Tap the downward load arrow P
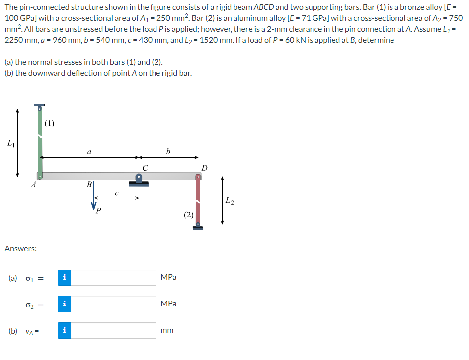click(94, 199)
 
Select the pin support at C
click(139, 179)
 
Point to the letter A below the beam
click(33, 185)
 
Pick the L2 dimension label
click(229, 201)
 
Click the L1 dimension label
click(10, 144)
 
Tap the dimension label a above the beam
click(88, 153)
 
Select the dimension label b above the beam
click(168, 152)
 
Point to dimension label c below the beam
click(116, 193)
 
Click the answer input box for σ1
click(113, 277)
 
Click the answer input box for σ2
click(113, 304)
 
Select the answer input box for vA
click(113, 330)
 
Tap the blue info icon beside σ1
click(64, 277)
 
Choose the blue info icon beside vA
click(64, 330)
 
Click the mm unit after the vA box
click(167, 330)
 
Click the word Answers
click(20, 248)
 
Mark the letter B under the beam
click(89, 184)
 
